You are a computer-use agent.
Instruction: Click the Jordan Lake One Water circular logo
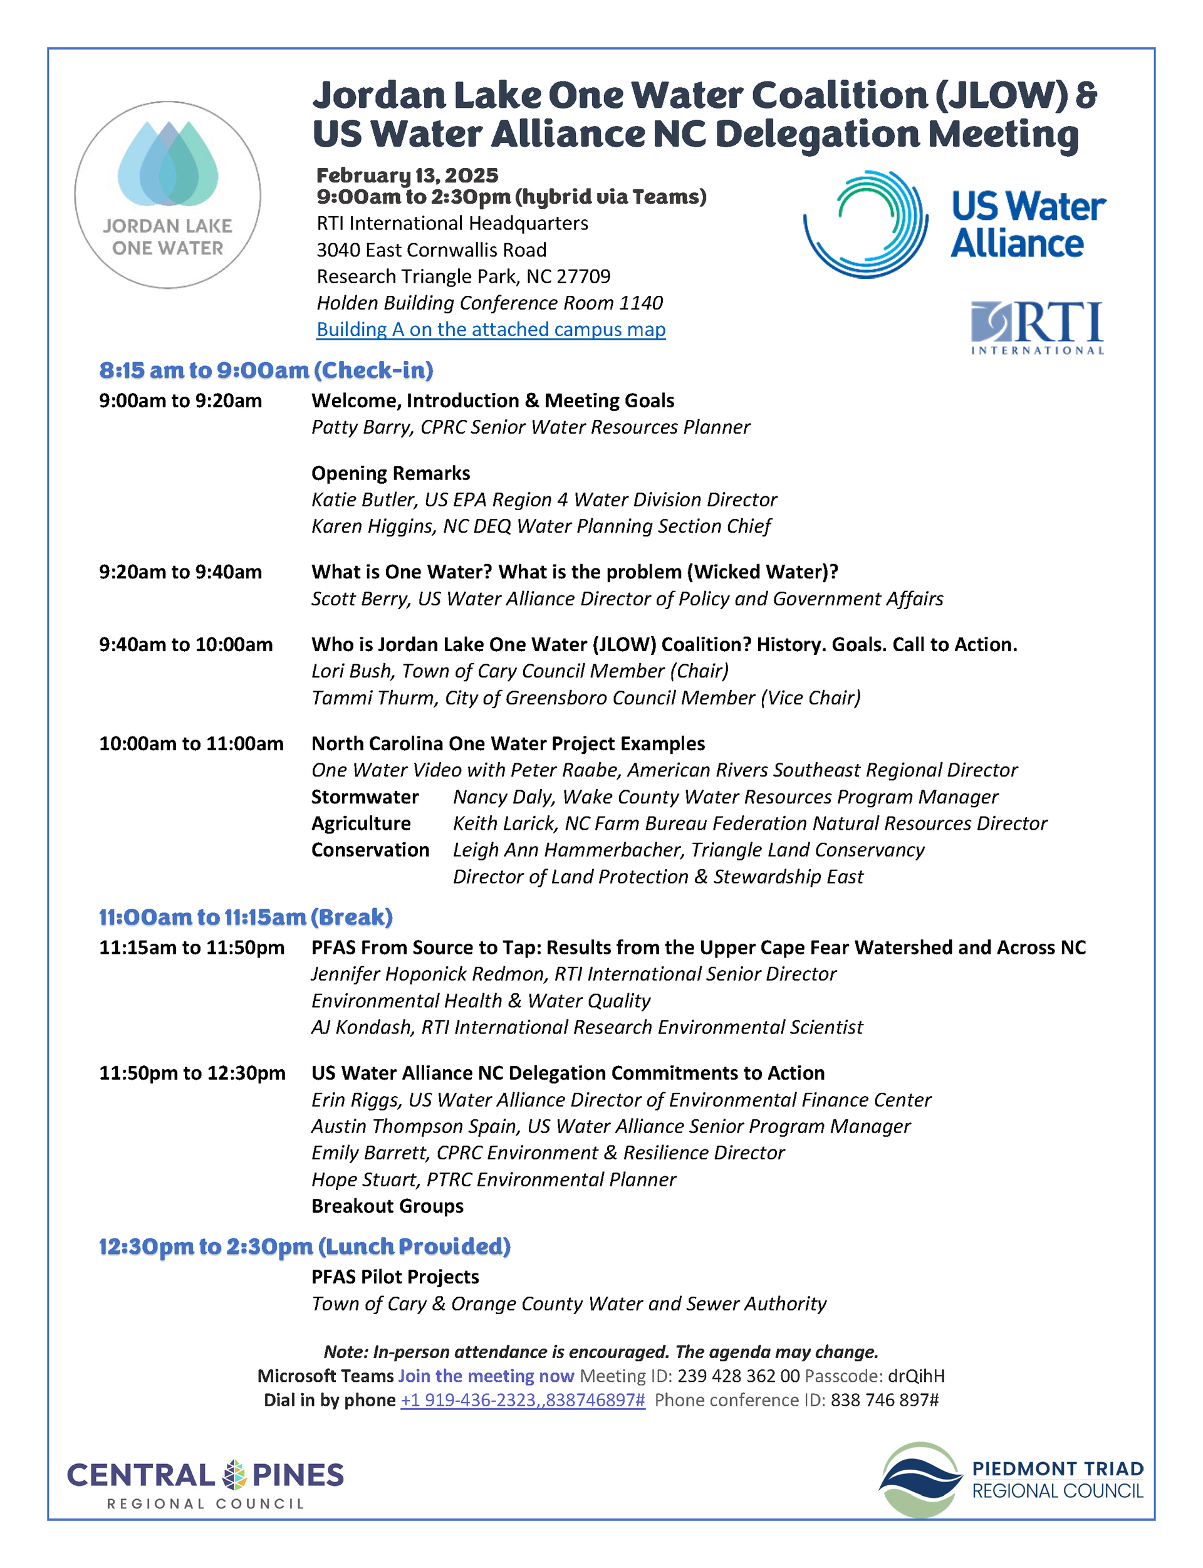pyautogui.click(x=167, y=194)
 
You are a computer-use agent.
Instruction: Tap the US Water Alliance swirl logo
pyautogui.click(x=866, y=224)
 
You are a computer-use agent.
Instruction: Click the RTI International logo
pyautogui.click(x=1037, y=328)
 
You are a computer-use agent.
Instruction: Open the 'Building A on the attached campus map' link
pyautogui.click(x=491, y=330)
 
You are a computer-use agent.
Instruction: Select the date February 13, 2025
pyautogui.click(x=407, y=175)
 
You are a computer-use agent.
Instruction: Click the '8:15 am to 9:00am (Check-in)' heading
pyautogui.click(x=266, y=370)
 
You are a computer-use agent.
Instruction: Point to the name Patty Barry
pyautogui.click(x=362, y=427)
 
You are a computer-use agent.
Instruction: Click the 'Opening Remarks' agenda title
pyautogui.click(x=391, y=474)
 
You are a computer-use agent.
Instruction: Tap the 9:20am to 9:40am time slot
pyautogui.click(x=180, y=572)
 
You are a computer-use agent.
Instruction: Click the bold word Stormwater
pyautogui.click(x=365, y=797)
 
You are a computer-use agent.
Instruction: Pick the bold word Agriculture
pyautogui.click(x=361, y=823)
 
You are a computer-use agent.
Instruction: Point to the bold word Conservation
pyautogui.click(x=370, y=850)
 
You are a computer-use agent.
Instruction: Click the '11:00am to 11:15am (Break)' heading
pyautogui.click(x=246, y=917)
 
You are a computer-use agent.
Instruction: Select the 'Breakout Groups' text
pyautogui.click(x=387, y=1206)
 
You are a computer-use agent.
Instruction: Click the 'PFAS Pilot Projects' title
pyautogui.click(x=395, y=1277)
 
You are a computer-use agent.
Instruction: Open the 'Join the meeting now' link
pyautogui.click(x=486, y=1376)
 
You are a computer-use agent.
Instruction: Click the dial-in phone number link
pyautogui.click(x=523, y=1401)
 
